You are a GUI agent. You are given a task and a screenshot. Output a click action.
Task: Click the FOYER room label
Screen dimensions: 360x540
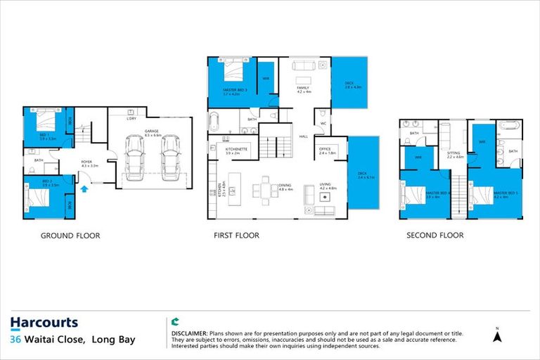[x=86, y=162]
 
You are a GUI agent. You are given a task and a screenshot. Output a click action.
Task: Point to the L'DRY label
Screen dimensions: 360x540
[x=131, y=118]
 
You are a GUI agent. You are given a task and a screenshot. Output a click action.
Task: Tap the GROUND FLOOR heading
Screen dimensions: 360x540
[x=70, y=236]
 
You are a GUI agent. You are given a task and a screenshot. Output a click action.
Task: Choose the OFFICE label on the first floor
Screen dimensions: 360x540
[x=324, y=148]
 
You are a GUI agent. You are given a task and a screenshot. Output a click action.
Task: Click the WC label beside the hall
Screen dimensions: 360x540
[x=323, y=124]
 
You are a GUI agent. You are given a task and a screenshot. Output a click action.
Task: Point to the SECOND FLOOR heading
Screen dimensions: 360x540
[x=435, y=236]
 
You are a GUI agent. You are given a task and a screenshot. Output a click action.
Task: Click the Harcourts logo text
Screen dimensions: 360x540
[x=44, y=323]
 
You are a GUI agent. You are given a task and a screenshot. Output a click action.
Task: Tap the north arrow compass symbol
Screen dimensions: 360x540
[x=497, y=336]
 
